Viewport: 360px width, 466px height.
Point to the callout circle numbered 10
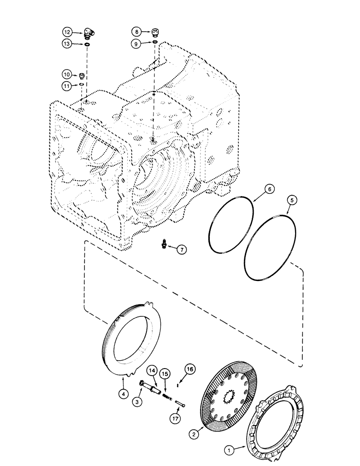[x=67, y=74]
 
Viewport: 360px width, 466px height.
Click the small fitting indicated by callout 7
[x=165, y=244]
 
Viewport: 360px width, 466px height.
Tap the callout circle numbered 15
[x=166, y=374]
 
